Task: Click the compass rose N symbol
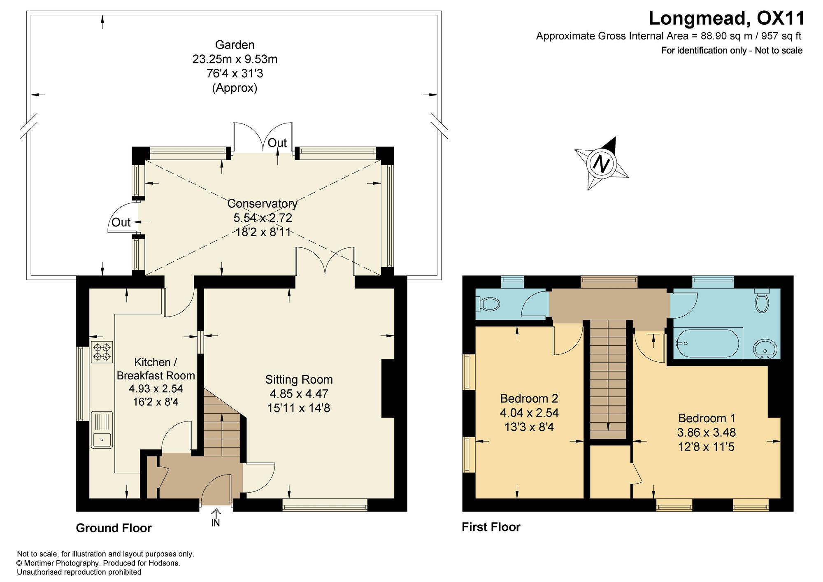tap(602, 164)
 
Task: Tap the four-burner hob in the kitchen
tap(102, 352)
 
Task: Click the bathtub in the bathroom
tap(708, 343)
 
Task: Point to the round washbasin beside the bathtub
tap(765, 349)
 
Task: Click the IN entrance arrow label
tap(216, 518)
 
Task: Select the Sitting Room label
tap(299, 379)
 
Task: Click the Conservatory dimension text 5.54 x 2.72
tap(263, 218)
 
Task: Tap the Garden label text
tap(235, 44)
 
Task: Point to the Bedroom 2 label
tap(529, 398)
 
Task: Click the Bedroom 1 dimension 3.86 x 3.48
tap(706, 433)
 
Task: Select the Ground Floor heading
tap(114, 528)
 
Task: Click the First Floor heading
tap(491, 527)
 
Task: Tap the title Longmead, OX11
tap(727, 18)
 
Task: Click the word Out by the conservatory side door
tap(121, 222)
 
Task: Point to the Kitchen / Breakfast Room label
tap(156, 369)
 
